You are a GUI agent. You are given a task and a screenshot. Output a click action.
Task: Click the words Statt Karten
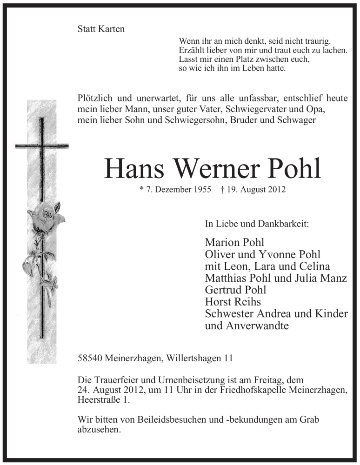(x=101, y=29)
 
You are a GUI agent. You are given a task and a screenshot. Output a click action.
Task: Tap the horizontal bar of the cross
(x=41, y=146)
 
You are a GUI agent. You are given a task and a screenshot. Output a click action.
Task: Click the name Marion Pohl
(x=234, y=242)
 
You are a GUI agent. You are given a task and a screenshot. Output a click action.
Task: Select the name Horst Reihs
(x=233, y=302)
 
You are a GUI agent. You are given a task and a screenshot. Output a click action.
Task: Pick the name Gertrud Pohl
(x=236, y=290)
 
